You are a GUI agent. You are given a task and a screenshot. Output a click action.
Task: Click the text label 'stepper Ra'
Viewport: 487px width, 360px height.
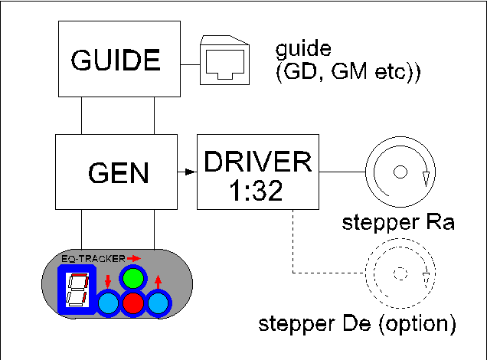click(x=398, y=224)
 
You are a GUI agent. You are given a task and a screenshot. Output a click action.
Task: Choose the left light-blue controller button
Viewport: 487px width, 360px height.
click(x=109, y=304)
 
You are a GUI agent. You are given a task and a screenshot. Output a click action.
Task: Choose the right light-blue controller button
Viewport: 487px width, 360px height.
click(x=159, y=304)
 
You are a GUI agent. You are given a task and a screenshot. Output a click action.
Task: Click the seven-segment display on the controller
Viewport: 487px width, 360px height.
click(x=76, y=292)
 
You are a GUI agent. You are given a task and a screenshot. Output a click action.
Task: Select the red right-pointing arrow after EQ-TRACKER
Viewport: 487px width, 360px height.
click(x=135, y=259)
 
